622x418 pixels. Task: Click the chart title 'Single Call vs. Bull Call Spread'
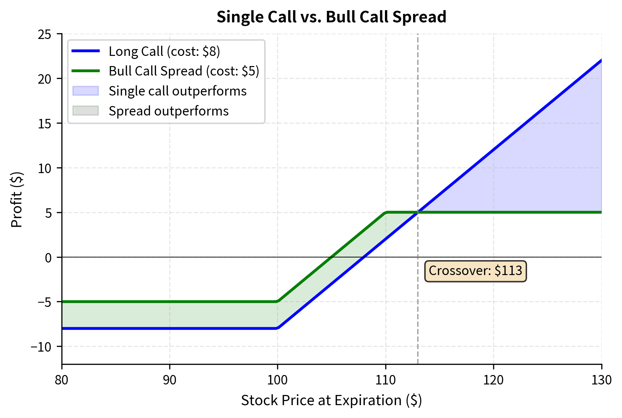[x=331, y=17]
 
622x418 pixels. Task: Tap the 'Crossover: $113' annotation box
[x=475, y=271]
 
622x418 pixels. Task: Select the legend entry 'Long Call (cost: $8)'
[x=164, y=51]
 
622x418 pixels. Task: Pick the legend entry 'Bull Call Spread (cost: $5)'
[x=184, y=71]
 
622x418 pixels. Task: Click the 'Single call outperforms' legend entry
[x=177, y=91]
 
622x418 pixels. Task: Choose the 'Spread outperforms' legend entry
[x=169, y=111]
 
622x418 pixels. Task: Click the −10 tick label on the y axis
[x=41, y=347]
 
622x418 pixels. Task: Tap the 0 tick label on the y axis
[x=48, y=258]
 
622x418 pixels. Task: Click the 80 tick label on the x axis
[x=62, y=380]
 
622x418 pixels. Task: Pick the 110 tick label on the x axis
[x=386, y=380]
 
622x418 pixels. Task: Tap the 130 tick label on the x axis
[x=601, y=380]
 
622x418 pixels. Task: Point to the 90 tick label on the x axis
[x=170, y=380]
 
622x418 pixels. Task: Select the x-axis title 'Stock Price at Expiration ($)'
[x=331, y=400]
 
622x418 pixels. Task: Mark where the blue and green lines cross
[x=418, y=212]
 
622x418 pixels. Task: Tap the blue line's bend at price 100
[x=278, y=328]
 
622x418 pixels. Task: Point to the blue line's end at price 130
[x=601, y=60]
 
